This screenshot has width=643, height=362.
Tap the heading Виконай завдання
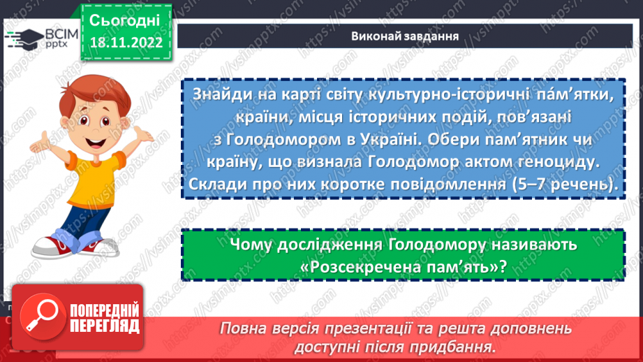[404, 37]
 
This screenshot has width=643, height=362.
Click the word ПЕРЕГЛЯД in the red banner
[105, 326]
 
